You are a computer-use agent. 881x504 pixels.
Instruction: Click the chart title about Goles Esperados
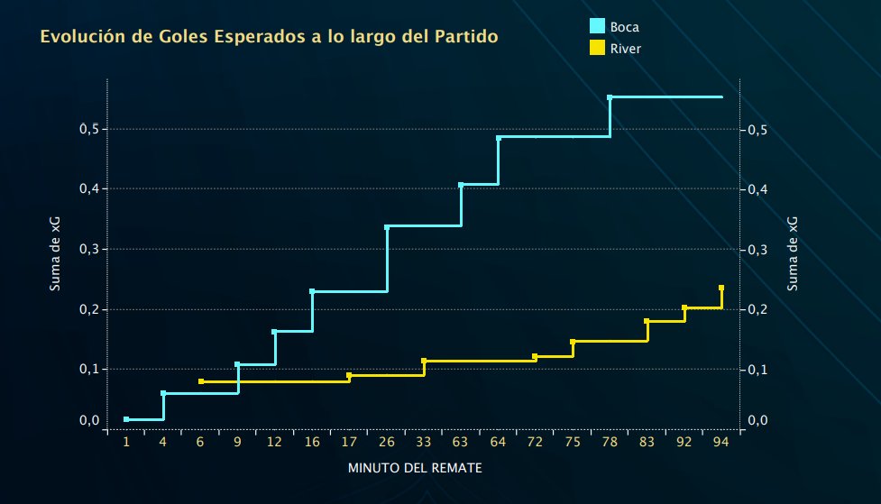(x=268, y=38)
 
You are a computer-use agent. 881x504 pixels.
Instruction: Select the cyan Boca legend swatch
(x=596, y=26)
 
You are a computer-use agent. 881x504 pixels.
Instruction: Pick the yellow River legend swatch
(x=596, y=48)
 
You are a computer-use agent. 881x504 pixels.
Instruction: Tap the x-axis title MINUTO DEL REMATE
(x=415, y=469)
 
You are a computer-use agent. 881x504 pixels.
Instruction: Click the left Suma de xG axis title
(x=55, y=257)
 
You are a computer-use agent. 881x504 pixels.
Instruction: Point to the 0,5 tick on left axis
(x=88, y=129)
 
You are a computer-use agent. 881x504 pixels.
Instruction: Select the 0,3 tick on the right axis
(x=759, y=249)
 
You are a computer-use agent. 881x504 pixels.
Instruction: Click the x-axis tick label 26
(x=387, y=443)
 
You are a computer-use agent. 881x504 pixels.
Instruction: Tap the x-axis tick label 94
(x=721, y=443)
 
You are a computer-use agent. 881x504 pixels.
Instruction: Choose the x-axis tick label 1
(x=126, y=443)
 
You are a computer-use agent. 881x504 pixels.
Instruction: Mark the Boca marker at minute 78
(x=610, y=97)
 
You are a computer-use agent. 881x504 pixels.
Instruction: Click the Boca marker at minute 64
(x=499, y=138)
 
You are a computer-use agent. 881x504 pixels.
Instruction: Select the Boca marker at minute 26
(x=387, y=227)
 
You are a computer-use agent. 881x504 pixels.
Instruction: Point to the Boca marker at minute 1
(x=126, y=419)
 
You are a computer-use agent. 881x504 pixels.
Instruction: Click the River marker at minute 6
(x=200, y=381)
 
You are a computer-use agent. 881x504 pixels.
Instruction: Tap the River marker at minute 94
(x=721, y=288)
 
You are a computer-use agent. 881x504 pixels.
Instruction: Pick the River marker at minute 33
(x=424, y=361)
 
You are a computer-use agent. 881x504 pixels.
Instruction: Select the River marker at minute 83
(x=647, y=321)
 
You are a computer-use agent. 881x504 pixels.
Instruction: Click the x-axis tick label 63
(x=461, y=443)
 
